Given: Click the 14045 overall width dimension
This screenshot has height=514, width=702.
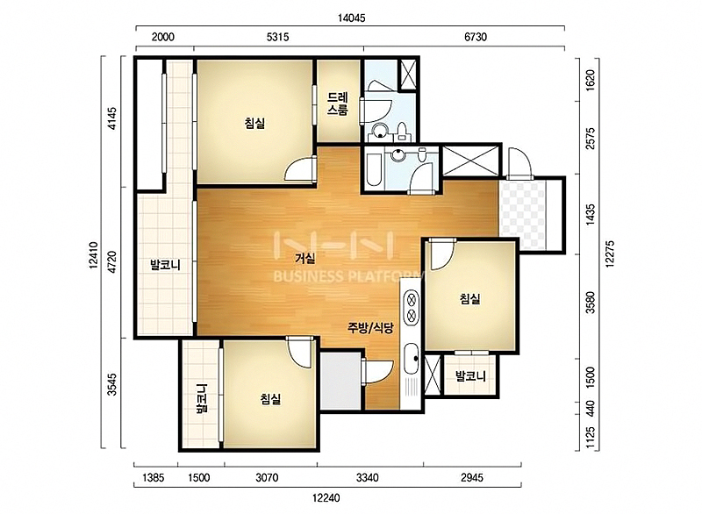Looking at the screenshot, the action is click(x=351, y=18).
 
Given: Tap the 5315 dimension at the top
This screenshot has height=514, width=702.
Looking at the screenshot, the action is click(x=277, y=37).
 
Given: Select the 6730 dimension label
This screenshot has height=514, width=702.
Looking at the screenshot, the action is click(x=476, y=37).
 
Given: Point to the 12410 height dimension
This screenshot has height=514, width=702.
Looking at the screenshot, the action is click(x=94, y=255).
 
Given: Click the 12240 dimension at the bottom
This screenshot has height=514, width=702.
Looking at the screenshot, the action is click(x=326, y=497).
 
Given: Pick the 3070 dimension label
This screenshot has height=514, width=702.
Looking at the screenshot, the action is click(x=267, y=478).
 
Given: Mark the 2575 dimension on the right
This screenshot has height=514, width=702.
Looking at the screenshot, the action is click(x=591, y=139).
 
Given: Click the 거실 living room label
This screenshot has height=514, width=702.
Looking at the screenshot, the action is click(x=305, y=258).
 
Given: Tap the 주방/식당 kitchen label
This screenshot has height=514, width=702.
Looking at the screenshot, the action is click(x=370, y=328).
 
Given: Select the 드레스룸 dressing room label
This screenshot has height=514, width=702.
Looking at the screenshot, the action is click(x=338, y=104).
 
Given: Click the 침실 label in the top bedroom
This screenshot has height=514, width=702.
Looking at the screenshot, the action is click(x=254, y=123).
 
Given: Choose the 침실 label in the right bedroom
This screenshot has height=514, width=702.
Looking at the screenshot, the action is click(x=470, y=298).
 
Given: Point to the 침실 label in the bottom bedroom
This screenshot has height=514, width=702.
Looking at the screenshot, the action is click(x=270, y=398).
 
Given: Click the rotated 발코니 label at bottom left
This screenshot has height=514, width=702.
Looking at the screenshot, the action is click(x=203, y=398).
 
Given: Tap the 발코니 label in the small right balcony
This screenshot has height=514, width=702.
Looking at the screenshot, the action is click(x=470, y=375).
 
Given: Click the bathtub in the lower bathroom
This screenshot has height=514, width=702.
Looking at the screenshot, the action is click(x=374, y=168).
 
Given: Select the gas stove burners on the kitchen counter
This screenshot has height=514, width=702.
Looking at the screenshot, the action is click(x=412, y=307).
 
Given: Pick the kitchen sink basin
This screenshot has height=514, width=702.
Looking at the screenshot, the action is click(x=411, y=359).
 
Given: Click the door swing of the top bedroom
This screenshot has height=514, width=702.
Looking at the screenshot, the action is click(x=299, y=170).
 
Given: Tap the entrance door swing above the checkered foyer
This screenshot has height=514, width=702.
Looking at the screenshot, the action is click(x=519, y=163).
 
